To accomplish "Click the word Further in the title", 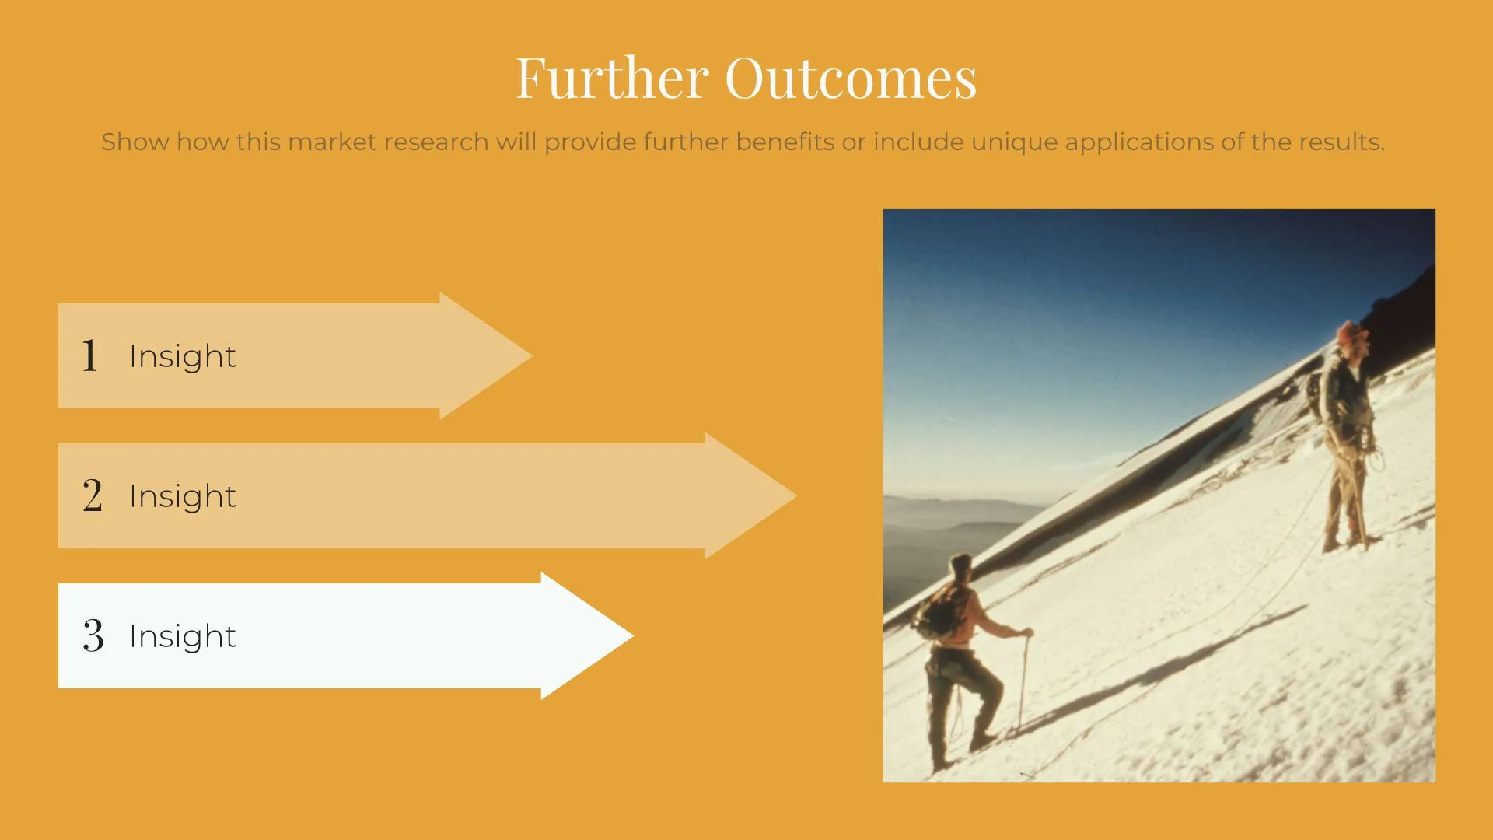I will (x=612, y=78).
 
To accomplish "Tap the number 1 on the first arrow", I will (x=90, y=355).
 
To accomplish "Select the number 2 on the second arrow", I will (x=93, y=495).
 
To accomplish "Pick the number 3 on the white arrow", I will (x=93, y=635).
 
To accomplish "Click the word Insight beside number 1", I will (x=183, y=356).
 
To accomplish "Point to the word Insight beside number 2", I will (x=183, y=496).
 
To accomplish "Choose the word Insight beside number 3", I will (x=183, y=636).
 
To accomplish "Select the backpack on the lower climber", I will (x=938, y=611).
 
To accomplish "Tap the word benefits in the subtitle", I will (x=785, y=142).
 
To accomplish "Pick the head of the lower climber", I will (x=962, y=566).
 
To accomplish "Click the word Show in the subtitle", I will (x=135, y=142).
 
